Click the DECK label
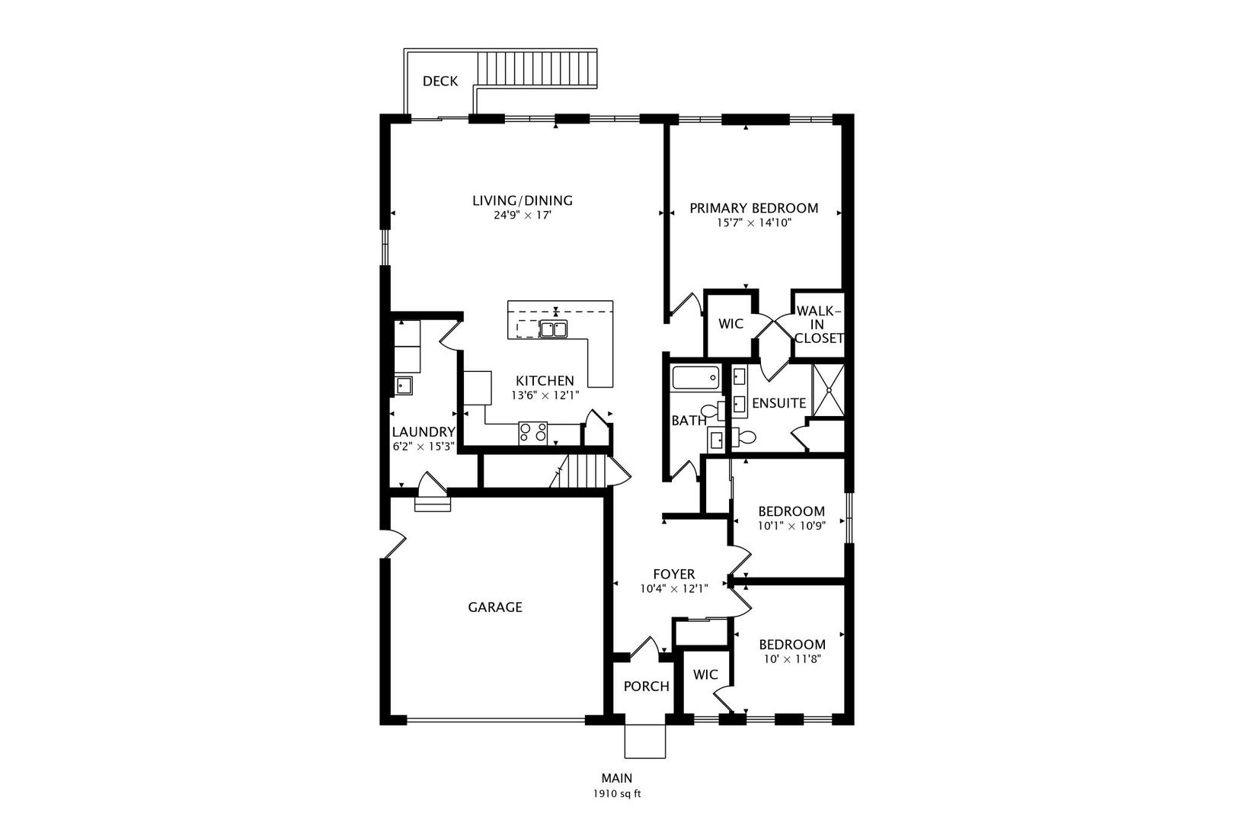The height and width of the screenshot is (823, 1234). pos(440,82)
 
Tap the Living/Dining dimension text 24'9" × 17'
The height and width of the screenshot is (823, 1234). pos(523,215)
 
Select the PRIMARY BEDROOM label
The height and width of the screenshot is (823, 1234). pos(753,208)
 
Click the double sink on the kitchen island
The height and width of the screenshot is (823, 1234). pos(554,329)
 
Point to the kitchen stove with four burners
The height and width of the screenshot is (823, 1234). pos(532,433)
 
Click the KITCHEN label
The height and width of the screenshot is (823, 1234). pos(545,381)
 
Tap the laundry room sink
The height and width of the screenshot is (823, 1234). pos(403,386)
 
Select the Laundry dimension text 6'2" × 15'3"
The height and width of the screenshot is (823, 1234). pos(423,447)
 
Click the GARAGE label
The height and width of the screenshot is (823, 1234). pos(494,607)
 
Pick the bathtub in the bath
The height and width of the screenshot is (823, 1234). pos(695,378)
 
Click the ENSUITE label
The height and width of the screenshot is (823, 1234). pos(779,404)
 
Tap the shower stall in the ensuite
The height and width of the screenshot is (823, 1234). pos(829,390)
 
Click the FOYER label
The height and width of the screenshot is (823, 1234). pos(673,575)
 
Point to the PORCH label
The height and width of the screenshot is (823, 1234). pos(646,687)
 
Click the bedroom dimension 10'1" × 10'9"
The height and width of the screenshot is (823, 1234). pos(791,526)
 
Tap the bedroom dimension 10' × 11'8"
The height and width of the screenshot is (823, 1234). pos(792,659)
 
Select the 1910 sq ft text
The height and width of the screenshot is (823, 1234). pos(617,794)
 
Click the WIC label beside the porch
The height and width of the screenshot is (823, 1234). pos(705,674)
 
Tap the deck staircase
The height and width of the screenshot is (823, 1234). pos(536,69)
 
